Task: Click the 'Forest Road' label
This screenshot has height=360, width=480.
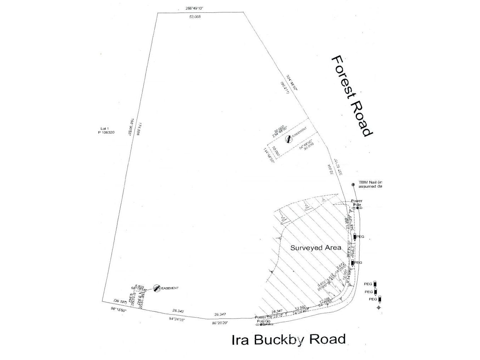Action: click(352, 96)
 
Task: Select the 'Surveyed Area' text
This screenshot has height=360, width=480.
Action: click(315, 248)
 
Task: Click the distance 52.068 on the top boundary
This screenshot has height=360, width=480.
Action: click(195, 17)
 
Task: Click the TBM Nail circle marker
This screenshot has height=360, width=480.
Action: click(353, 184)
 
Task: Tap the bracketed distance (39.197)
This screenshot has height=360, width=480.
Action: click(120, 301)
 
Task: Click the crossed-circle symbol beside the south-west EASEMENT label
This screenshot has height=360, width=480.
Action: click(156, 288)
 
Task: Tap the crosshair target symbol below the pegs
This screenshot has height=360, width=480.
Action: click(379, 307)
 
